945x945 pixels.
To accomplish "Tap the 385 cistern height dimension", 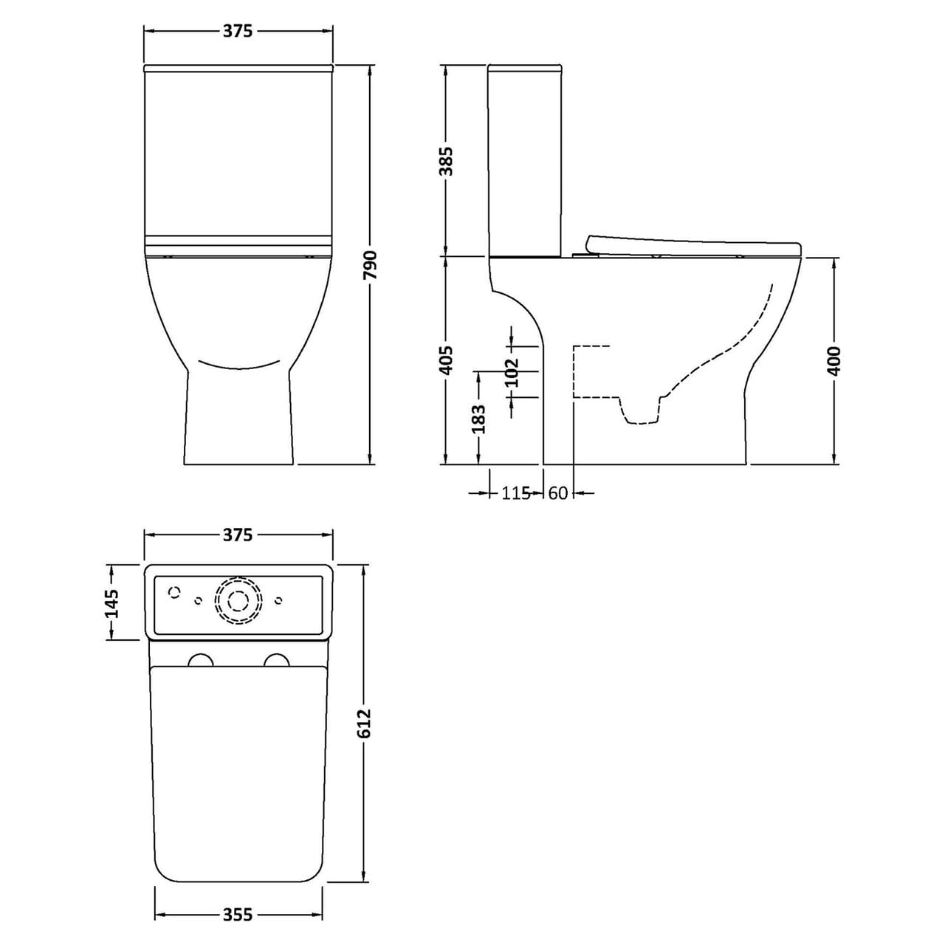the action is coord(446,161).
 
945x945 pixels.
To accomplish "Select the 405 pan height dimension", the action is coord(446,360).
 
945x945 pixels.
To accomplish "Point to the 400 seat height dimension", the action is coord(834,360).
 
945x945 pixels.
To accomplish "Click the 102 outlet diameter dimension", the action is coord(512,372).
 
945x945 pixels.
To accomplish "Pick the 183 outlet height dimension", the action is coord(478,419).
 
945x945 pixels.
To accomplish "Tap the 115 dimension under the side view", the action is coord(516,493).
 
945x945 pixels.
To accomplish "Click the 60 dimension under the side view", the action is coord(557,493).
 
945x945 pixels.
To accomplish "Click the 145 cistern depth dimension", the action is coord(111,602).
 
